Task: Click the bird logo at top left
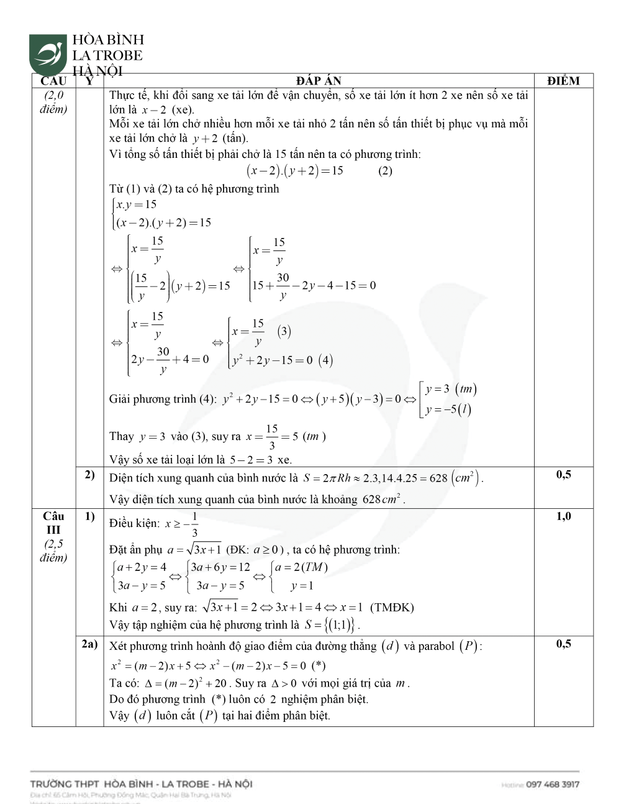click(x=48, y=55)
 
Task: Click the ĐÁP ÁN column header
click(x=319, y=81)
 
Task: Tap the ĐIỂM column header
click(x=563, y=81)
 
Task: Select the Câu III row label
click(x=53, y=523)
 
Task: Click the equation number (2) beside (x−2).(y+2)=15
click(x=385, y=171)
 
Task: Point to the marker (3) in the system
click(x=284, y=331)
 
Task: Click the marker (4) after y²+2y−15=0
click(x=325, y=360)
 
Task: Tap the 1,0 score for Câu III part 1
click(x=563, y=516)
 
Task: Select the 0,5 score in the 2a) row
click(x=563, y=644)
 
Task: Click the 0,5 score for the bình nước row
click(x=563, y=475)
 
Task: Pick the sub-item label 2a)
click(x=89, y=644)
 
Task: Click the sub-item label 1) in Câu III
click(x=89, y=516)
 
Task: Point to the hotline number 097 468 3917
click(x=552, y=784)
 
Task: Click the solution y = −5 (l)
click(x=448, y=409)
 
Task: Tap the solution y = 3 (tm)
click(x=450, y=390)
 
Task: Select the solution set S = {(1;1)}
click(x=332, y=624)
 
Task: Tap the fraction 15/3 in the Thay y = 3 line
click(x=272, y=437)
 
